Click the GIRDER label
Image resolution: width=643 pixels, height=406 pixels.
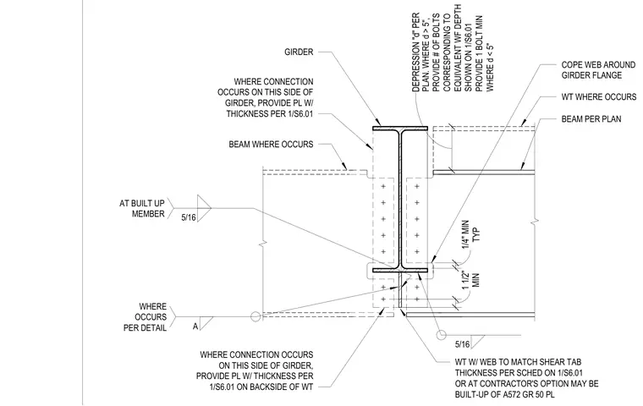(299, 52)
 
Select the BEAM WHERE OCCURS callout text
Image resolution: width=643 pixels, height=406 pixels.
(271, 145)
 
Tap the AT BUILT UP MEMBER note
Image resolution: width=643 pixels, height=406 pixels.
(142, 209)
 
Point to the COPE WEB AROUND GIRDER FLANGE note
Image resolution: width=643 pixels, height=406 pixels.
(598, 70)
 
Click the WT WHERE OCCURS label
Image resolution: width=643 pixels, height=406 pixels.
(599, 97)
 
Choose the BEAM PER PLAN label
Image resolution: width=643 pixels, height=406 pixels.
(591, 119)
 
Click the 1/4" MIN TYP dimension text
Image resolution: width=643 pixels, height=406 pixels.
(470, 234)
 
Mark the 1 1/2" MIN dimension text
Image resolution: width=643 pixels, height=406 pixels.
(470, 281)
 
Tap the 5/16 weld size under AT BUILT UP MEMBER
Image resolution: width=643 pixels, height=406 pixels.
(189, 217)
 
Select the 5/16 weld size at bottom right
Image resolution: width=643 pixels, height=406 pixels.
(463, 344)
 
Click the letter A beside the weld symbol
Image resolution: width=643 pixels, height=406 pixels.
(195, 326)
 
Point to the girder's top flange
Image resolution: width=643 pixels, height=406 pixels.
(400, 129)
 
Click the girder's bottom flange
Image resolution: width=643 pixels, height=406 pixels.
(400, 271)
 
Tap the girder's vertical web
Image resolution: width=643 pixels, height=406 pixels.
(400, 200)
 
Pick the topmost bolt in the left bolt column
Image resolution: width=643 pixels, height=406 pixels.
(383, 187)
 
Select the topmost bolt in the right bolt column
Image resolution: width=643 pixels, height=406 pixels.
(417, 187)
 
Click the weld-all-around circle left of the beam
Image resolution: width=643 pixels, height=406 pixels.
(256, 316)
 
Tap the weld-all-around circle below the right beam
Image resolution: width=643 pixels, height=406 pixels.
(442, 335)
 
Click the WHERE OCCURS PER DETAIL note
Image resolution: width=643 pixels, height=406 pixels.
(146, 317)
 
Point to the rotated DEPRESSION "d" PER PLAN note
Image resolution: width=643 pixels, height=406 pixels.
(453, 48)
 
